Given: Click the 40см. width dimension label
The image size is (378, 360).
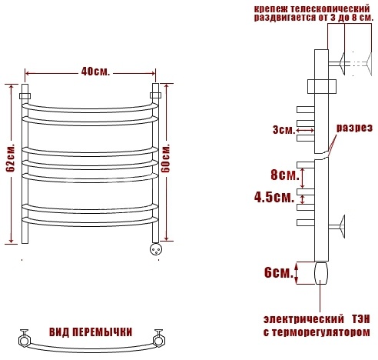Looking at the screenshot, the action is [95, 72].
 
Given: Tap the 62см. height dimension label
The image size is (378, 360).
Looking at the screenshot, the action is [11, 158].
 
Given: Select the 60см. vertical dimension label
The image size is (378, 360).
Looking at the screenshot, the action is [166, 158].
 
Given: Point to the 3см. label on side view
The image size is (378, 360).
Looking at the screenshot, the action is [283, 130].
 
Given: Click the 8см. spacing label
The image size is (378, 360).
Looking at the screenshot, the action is [285, 175].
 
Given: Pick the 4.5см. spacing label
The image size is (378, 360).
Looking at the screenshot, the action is [274, 198].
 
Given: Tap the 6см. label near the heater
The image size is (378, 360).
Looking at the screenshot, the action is [279, 272].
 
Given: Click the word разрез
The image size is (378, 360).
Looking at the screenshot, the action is [354, 128].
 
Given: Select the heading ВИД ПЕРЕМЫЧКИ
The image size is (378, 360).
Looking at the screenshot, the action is [91, 332].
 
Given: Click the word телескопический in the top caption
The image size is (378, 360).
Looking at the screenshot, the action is [330, 9].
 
